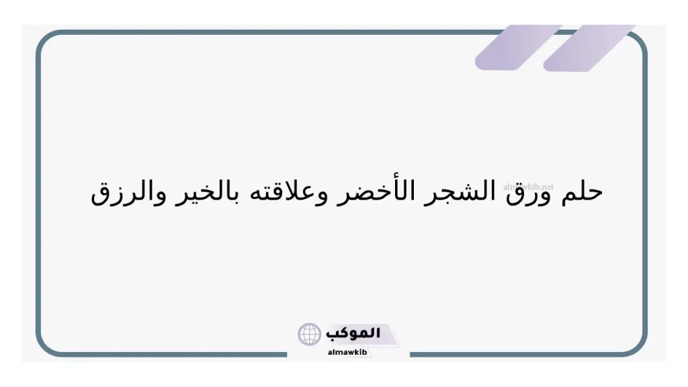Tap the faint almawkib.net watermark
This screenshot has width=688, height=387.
click(528, 187)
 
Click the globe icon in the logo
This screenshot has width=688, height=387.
click(310, 334)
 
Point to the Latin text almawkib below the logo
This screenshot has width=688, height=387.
click(347, 351)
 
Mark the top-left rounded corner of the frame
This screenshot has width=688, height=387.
click(46, 40)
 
